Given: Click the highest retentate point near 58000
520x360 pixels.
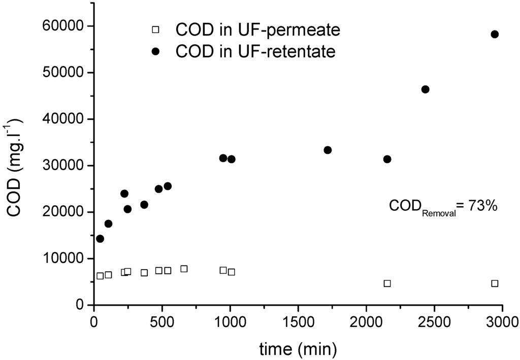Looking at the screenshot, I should (495, 34).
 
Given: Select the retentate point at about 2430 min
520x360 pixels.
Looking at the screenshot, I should (426, 89).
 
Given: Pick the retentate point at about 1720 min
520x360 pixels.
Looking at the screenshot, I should (328, 150).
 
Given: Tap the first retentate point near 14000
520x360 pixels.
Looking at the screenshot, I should (100, 239).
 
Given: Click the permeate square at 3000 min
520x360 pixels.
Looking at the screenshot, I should (495, 283).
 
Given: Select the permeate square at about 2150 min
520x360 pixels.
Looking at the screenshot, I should (387, 283).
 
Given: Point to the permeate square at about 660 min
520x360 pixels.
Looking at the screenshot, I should (184, 269).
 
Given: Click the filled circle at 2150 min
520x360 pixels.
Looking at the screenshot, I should (387, 159).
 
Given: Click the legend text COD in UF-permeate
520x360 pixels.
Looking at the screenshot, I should (257, 30).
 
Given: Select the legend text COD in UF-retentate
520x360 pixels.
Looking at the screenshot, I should (255, 51).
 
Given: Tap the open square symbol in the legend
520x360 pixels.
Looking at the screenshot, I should (156, 30).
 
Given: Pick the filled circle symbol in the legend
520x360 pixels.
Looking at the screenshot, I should (156, 51).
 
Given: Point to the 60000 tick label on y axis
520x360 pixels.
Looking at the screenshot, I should (63, 26).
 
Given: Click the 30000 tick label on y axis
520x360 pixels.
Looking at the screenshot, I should (63, 166).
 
